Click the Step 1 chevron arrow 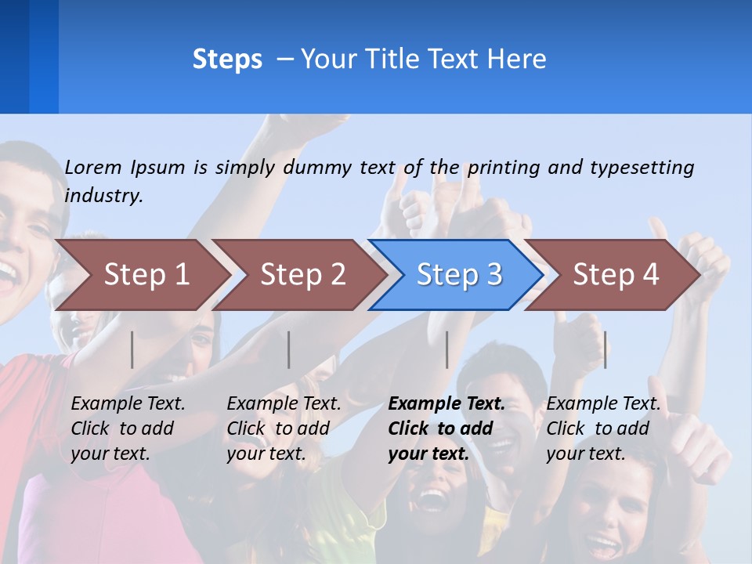(x=146, y=275)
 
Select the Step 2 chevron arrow (x=302, y=275)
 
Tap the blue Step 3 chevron (x=459, y=275)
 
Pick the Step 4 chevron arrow (x=616, y=275)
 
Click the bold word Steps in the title (x=227, y=60)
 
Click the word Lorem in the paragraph (x=93, y=167)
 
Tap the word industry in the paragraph (x=103, y=196)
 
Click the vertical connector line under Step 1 (x=132, y=349)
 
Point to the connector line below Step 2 (x=289, y=349)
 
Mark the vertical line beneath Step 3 (x=446, y=349)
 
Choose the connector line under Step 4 (x=605, y=349)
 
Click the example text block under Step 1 (x=128, y=428)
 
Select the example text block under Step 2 (x=284, y=428)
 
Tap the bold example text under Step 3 (x=446, y=428)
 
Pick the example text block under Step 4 (x=603, y=428)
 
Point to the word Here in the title (x=516, y=60)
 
